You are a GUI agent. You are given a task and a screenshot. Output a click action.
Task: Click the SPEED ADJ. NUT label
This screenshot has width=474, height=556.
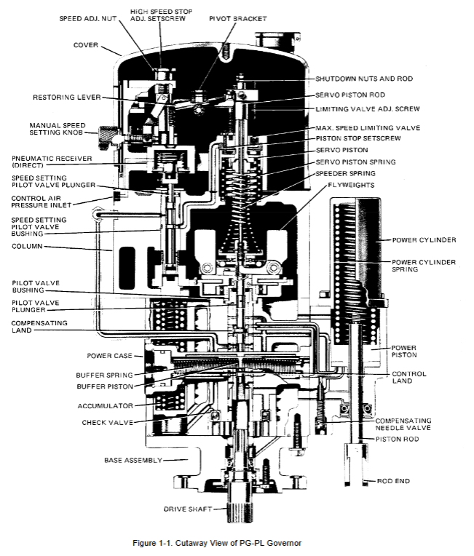coord(87,18)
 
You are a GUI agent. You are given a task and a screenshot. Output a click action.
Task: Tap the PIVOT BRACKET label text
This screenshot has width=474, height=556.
coord(237,18)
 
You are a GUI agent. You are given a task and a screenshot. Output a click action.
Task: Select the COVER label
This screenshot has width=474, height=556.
coord(85,45)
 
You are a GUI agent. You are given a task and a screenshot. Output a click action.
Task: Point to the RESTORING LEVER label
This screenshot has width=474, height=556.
coord(67,98)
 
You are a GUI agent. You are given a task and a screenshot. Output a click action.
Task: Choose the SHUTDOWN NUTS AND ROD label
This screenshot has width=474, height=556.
coord(364,79)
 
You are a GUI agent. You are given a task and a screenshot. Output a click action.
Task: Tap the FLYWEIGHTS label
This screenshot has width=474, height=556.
coord(351,185)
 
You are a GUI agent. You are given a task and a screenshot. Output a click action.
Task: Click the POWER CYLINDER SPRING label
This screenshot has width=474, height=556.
coord(424,266)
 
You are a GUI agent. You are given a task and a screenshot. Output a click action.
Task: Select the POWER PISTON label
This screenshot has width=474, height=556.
coord(404,352)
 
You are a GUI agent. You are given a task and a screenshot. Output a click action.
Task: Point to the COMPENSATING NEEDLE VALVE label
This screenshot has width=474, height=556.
coord(403,424)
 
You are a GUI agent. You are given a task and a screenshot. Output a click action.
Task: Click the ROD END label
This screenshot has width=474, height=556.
coord(393,481)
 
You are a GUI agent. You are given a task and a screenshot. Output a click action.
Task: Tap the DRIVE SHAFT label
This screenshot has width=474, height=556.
coord(187,509)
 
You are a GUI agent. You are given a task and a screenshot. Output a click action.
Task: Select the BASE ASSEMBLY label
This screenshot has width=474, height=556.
coord(133,460)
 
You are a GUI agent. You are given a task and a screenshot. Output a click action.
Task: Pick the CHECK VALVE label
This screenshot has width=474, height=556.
coord(108,423)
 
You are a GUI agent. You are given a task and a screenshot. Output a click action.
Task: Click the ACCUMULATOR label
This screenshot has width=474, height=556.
coord(106,405)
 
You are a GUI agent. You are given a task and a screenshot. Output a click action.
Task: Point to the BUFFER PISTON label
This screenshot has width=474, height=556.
coord(105,386)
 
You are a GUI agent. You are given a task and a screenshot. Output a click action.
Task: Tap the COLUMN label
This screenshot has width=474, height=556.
coord(27,246)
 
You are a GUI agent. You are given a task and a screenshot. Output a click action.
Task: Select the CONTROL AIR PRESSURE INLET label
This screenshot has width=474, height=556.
coord(42,202)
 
